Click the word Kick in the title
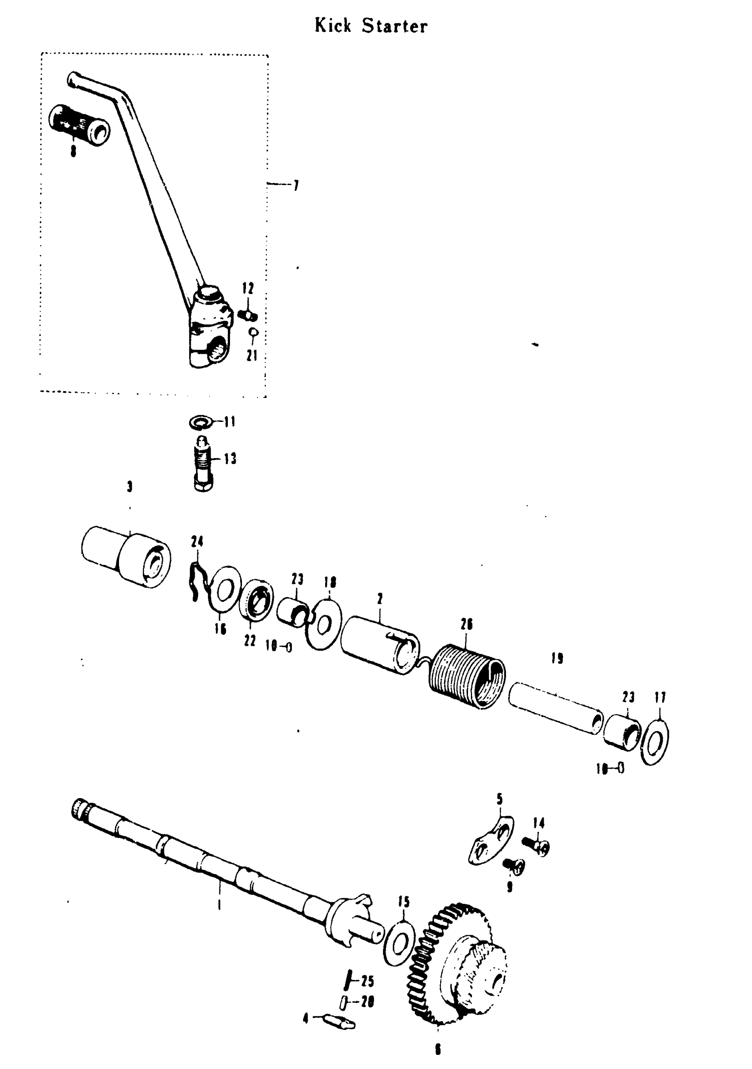(x=333, y=26)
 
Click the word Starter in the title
(x=395, y=26)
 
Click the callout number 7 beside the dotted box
(x=296, y=186)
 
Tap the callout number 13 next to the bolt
(x=230, y=459)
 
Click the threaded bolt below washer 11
(x=203, y=464)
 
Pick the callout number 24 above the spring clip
(x=197, y=541)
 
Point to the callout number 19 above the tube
(x=557, y=658)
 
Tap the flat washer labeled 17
(x=655, y=742)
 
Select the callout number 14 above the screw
(x=538, y=823)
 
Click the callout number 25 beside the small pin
(x=368, y=981)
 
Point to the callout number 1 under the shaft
(x=219, y=905)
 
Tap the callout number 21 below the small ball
(x=252, y=356)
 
